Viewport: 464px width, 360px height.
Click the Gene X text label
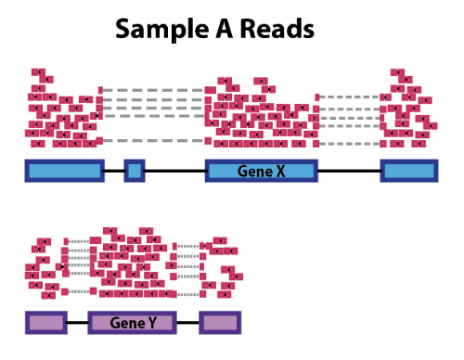tap(261, 172)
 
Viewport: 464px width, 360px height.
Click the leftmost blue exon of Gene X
tap(64, 171)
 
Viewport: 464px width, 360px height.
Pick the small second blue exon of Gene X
tap(135, 171)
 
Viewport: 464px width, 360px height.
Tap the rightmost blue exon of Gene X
tap(408, 171)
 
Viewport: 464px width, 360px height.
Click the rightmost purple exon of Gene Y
tap(220, 323)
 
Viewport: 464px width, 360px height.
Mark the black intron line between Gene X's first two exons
tap(113, 171)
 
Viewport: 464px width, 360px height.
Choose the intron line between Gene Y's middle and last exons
tap(187, 323)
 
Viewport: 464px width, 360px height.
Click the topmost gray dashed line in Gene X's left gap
tap(153, 90)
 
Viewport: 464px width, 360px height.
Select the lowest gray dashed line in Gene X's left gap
tap(153, 141)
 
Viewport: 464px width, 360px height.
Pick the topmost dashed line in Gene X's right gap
tap(351, 96)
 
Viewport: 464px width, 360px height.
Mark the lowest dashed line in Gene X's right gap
tap(351, 144)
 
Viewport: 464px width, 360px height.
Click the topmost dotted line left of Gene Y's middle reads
tap(82, 242)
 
